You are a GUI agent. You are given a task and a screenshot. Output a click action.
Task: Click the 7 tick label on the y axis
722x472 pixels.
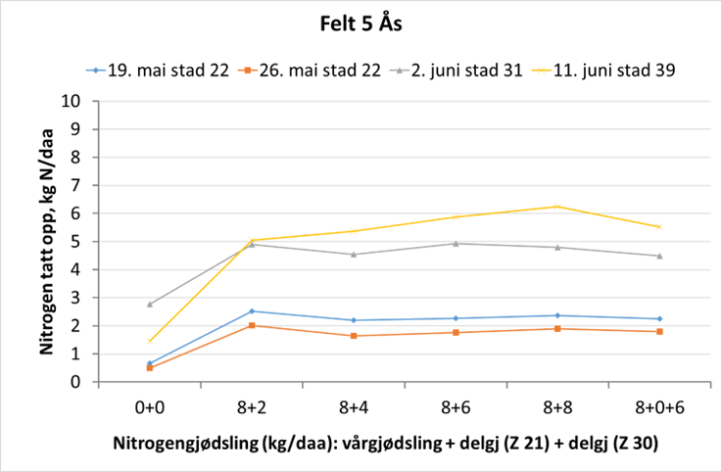(74, 185)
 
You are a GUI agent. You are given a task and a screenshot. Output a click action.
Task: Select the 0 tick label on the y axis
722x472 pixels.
(74, 383)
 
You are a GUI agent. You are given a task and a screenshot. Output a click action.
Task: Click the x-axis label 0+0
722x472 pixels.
(149, 403)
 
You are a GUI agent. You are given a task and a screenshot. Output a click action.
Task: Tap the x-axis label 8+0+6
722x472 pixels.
(658, 403)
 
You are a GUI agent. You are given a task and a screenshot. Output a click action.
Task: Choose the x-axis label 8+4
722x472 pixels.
(353, 403)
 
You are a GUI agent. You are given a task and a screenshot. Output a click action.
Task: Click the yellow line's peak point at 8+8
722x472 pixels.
(557, 206)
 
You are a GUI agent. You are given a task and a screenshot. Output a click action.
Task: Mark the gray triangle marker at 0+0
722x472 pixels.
(150, 304)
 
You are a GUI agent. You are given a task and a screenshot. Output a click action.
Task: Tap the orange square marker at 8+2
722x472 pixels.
(252, 325)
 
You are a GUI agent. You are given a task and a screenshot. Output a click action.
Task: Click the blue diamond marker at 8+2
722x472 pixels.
(252, 311)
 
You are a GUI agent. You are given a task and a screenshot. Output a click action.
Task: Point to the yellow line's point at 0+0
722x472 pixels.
(150, 342)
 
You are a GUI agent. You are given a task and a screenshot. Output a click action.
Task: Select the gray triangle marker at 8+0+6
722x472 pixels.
(659, 256)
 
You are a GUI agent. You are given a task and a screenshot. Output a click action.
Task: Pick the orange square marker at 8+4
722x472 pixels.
(354, 336)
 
